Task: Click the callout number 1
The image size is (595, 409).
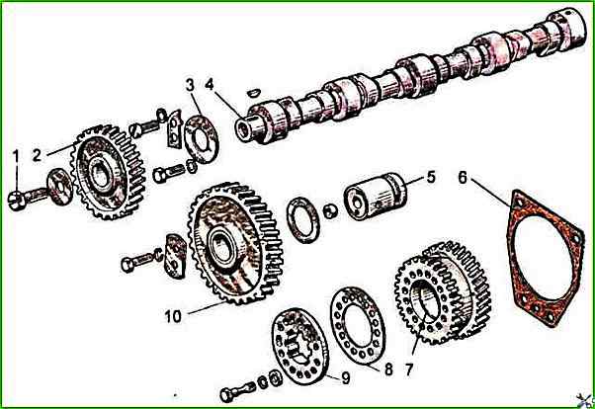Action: point(16,156)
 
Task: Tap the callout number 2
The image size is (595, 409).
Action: point(37,155)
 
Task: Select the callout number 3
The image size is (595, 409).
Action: point(190,85)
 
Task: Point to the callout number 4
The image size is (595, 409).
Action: point(210,84)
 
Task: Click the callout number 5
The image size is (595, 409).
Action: point(431,178)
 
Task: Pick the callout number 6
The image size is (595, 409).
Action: point(463,178)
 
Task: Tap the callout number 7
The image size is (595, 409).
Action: point(408,369)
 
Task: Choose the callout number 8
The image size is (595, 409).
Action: point(388,369)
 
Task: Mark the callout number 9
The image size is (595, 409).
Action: point(345,378)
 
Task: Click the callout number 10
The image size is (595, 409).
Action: point(173,316)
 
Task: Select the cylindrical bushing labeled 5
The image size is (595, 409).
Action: point(375,196)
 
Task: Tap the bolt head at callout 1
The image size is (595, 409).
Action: point(17,201)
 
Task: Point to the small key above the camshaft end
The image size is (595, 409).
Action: point(252,92)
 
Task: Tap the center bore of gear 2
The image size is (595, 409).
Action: point(100,176)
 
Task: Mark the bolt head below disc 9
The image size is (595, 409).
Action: point(225,395)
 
